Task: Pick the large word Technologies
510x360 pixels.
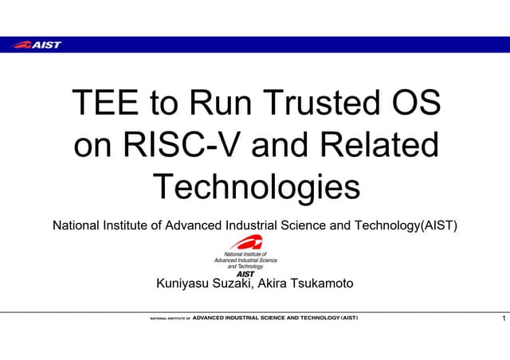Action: click(x=256, y=188)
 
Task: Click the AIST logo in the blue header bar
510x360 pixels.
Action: click(x=37, y=45)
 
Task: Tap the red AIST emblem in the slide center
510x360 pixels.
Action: click(x=245, y=243)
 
